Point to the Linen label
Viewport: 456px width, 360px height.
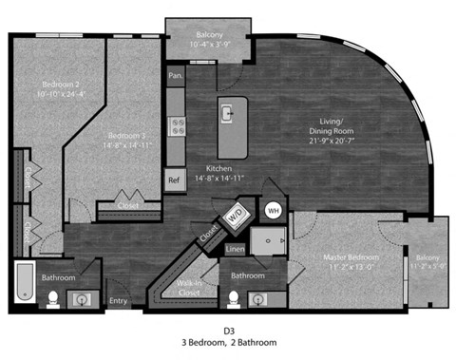click(237, 249)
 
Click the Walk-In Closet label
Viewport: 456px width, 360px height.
click(195, 289)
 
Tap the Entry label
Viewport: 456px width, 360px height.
click(118, 302)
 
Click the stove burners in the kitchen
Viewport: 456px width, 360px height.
click(176, 126)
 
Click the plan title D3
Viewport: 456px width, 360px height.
click(228, 328)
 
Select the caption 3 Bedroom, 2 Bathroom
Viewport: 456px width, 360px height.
click(228, 342)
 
